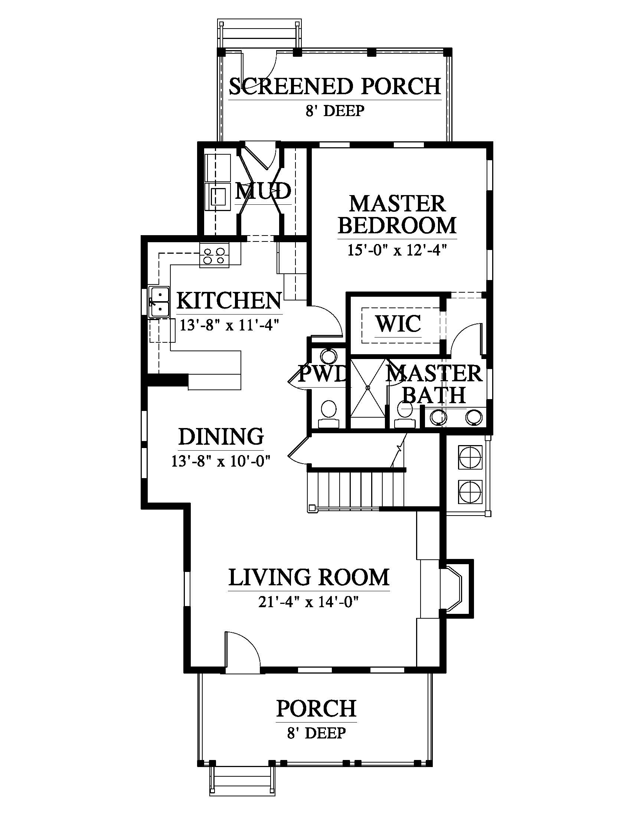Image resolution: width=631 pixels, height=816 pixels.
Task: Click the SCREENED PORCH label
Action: click(335, 87)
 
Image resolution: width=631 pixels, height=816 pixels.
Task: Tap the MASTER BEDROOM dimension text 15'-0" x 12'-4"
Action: click(398, 250)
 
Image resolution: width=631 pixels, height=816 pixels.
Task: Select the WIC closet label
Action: click(398, 323)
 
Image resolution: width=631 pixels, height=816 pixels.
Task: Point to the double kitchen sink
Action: click(159, 302)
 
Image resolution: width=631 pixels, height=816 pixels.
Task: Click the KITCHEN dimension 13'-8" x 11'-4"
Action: click(229, 325)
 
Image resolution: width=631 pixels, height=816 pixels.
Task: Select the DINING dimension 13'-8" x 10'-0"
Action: click(220, 461)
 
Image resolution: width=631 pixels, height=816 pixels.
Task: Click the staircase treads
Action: click(356, 489)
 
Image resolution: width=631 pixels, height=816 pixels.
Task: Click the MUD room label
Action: click(263, 191)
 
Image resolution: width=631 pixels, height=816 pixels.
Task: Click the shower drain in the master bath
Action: click(368, 388)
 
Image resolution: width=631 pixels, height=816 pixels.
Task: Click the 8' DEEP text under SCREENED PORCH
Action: click(335, 111)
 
